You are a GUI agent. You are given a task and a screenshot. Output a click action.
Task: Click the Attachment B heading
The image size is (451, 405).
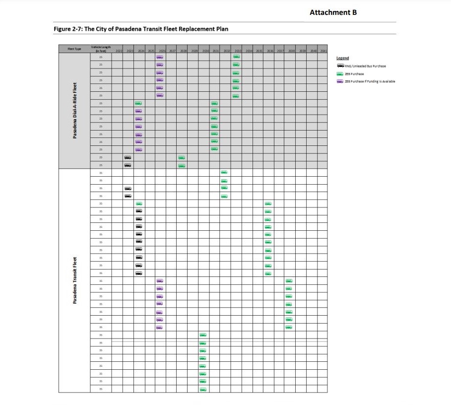point(333,12)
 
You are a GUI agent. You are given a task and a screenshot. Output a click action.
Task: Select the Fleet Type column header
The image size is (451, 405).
point(74,49)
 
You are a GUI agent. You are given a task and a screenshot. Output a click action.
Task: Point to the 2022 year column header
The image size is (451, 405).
point(119,51)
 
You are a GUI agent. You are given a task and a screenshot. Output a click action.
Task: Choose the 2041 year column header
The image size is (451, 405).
point(323,51)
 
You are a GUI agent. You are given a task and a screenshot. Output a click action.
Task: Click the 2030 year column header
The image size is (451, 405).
point(206,51)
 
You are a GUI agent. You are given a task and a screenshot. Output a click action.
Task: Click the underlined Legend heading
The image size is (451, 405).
point(342,58)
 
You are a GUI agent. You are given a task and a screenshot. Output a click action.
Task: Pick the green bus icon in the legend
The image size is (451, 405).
point(340,74)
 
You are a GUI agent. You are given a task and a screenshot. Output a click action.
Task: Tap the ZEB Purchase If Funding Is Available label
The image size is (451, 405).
point(370,81)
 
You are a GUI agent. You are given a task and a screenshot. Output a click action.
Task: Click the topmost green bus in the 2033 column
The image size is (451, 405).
point(236,57)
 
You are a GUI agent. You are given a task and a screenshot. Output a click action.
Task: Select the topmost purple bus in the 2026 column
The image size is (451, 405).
point(160,57)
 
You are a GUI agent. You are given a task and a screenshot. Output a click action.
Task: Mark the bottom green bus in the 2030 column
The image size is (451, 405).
point(203,389)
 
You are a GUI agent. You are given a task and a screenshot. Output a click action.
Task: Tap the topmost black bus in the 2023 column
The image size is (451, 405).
point(128,157)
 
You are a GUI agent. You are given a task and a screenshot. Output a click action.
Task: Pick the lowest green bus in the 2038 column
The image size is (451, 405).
point(289,327)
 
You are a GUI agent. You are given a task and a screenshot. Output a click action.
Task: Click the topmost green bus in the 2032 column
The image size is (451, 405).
point(224,172)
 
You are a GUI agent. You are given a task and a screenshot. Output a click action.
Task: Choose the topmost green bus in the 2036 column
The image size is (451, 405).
point(268,203)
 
